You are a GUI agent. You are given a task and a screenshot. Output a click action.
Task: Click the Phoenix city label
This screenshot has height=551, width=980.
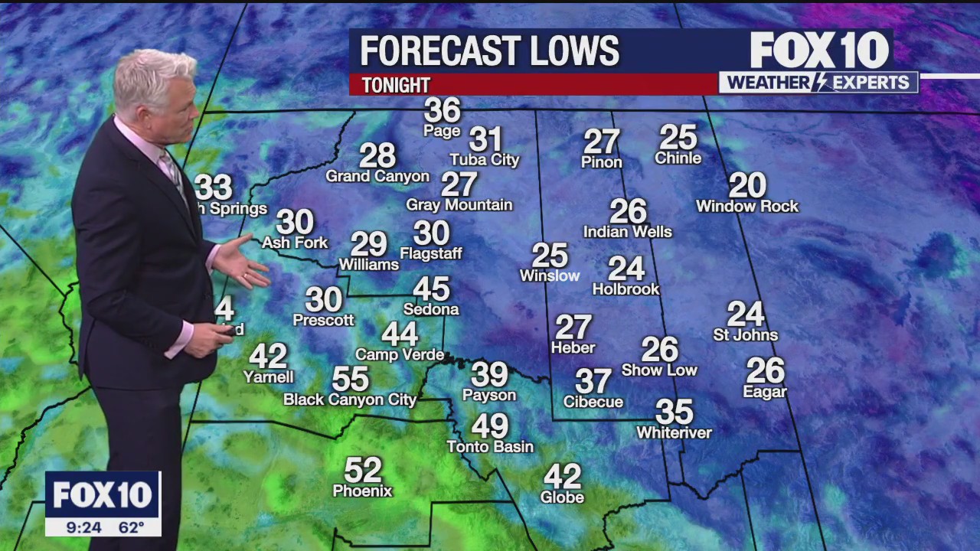pyautogui.click(x=362, y=491)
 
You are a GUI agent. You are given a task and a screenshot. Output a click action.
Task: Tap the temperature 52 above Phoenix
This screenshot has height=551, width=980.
pyautogui.click(x=363, y=470)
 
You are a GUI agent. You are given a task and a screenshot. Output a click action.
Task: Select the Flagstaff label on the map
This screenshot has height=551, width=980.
pyautogui.click(x=431, y=253)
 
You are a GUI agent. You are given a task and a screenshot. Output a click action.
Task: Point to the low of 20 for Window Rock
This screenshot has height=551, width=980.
pyautogui.click(x=747, y=185)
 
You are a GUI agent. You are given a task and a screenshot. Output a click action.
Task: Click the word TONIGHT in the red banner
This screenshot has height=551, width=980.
pyautogui.click(x=396, y=85)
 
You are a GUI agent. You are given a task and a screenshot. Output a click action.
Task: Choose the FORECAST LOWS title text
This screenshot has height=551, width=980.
pyautogui.click(x=489, y=51)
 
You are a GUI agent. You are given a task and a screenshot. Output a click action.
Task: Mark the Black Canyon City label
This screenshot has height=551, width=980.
pyautogui.click(x=350, y=399)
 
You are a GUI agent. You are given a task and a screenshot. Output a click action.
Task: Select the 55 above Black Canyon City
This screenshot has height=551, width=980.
pyautogui.click(x=351, y=379)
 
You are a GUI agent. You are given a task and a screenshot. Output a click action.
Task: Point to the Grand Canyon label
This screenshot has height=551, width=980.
pyautogui.click(x=377, y=177)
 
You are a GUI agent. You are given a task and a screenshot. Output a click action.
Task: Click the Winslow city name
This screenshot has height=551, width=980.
pyautogui.click(x=550, y=275)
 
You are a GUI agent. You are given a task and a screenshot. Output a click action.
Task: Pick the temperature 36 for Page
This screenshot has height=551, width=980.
pyautogui.click(x=443, y=111)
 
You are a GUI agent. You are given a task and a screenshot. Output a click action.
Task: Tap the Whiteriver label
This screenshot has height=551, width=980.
pyautogui.click(x=674, y=433)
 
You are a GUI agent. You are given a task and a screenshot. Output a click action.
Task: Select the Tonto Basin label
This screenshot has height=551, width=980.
pyautogui.click(x=490, y=446)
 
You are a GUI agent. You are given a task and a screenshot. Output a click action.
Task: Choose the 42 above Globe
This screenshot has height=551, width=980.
pyautogui.click(x=563, y=477)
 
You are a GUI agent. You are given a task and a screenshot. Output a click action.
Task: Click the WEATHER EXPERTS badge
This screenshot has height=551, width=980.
pyautogui.click(x=818, y=83)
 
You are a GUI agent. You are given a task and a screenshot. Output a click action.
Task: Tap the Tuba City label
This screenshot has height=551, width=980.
pyautogui.click(x=484, y=160)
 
